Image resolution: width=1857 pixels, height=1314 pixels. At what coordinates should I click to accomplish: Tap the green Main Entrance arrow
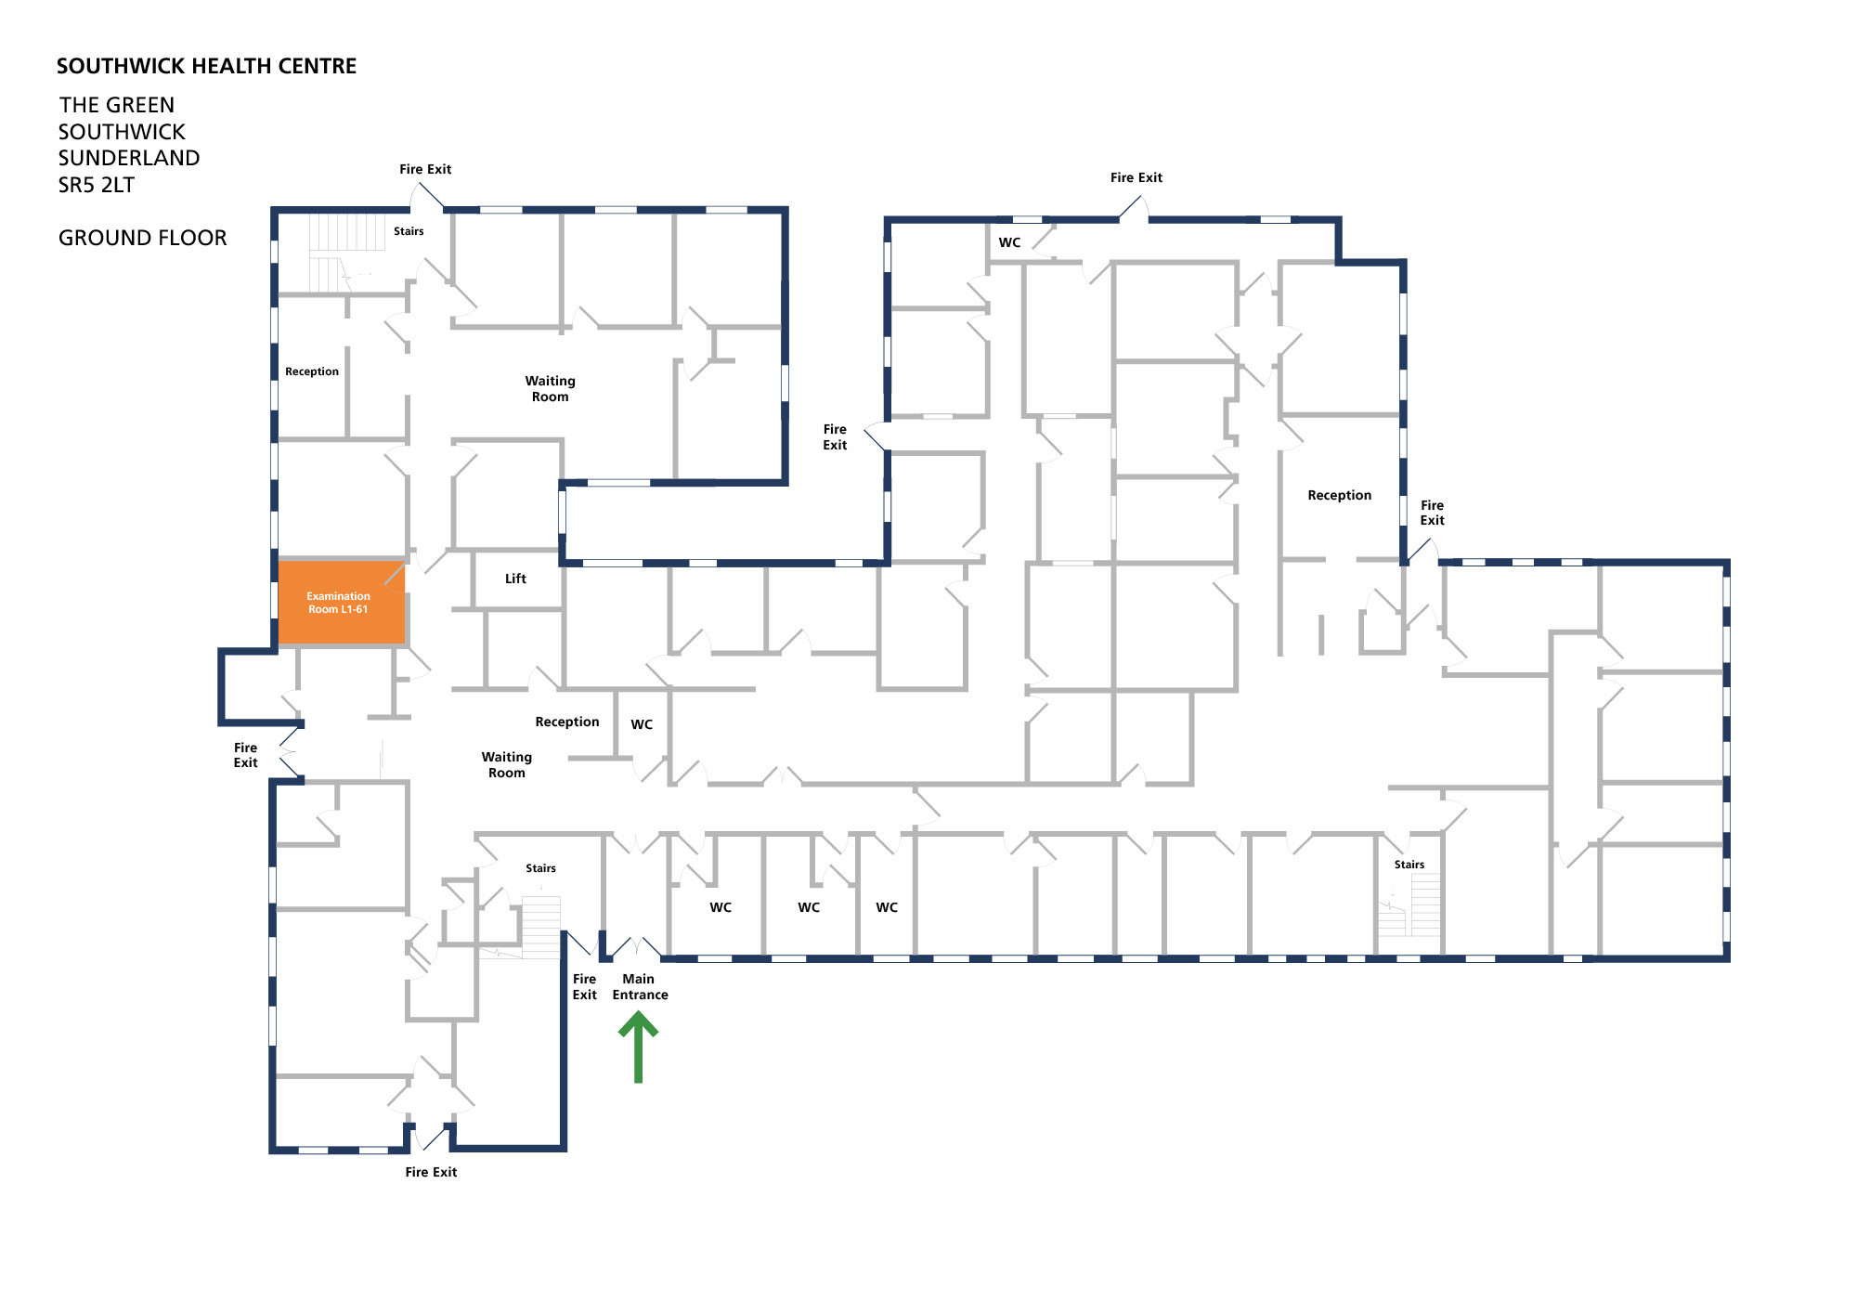[x=639, y=1047]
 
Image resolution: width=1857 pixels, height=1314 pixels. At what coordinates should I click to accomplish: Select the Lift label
[x=515, y=579]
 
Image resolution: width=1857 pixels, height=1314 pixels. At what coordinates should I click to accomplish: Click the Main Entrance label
[x=640, y=986]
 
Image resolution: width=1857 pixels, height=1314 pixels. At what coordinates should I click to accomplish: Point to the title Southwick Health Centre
[x=206, y=66]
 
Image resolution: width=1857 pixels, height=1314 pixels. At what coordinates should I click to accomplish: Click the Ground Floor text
[x=142, y=238]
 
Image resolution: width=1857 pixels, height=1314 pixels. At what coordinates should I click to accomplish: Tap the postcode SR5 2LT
[x=96, y=185]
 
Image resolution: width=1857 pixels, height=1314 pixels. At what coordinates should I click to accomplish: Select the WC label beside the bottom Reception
[x=642, y=724]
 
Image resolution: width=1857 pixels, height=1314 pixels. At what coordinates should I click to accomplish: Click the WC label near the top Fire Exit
[x=1009, y=242]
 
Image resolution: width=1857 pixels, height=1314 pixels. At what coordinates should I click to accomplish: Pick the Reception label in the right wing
[x=1339, y=495]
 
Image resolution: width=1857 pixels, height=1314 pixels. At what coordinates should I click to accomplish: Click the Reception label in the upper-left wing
[x=312, y=371]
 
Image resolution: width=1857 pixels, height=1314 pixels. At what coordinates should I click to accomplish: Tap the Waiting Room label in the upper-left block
[x=550, y=388]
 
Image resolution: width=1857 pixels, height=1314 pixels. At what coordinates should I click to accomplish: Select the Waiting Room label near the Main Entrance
[x=507, y=764]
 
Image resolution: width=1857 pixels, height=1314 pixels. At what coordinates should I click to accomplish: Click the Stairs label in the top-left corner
[x=409, y=231]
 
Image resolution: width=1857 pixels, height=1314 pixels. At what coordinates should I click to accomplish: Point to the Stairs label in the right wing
[x=1409, y=865]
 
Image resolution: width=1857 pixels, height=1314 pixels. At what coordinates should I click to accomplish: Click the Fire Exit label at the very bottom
[x=431, y=1172]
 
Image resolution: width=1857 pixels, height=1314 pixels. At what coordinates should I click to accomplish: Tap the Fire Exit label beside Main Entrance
[x=584, y=986]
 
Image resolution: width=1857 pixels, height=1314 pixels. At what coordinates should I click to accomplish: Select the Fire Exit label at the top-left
[x=425, y=169]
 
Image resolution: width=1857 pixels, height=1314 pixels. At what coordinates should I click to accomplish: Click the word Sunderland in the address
[x=129, y=158]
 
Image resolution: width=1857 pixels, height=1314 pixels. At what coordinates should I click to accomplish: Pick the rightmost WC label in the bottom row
[x=887, y=907]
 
